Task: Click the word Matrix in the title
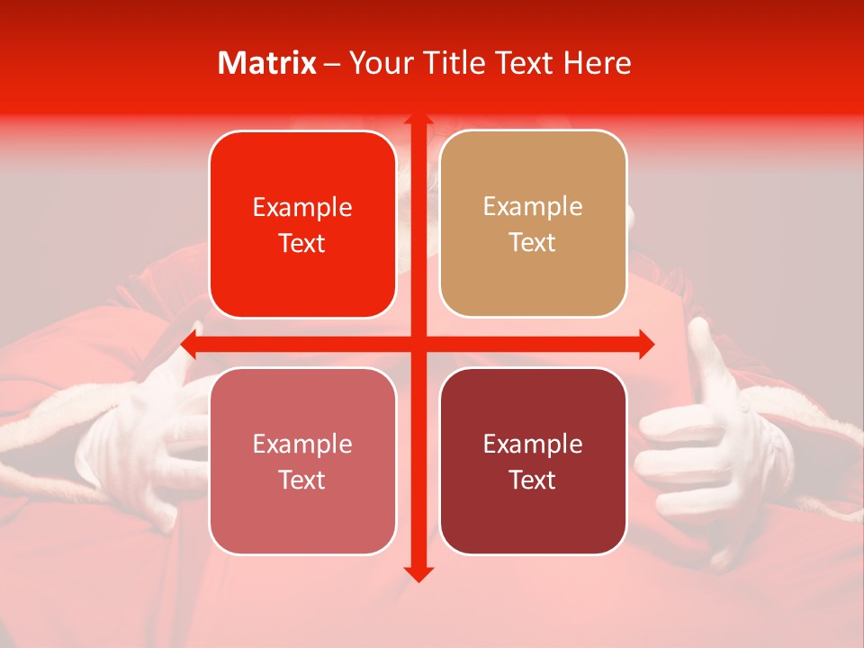click(267, 63)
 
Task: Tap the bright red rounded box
click(302, 225)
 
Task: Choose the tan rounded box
click(533, 224)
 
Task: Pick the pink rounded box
click(302, 461)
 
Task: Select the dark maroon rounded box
click(533, 461)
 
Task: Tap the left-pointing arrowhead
click(190, 344)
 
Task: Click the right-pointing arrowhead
click(646, 344)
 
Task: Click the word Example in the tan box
click(533, 207)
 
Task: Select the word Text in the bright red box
click(302, 244)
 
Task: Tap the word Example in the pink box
click(302, 444)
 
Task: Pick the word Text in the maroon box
click(533, 481)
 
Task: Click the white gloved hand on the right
click(702, 441)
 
